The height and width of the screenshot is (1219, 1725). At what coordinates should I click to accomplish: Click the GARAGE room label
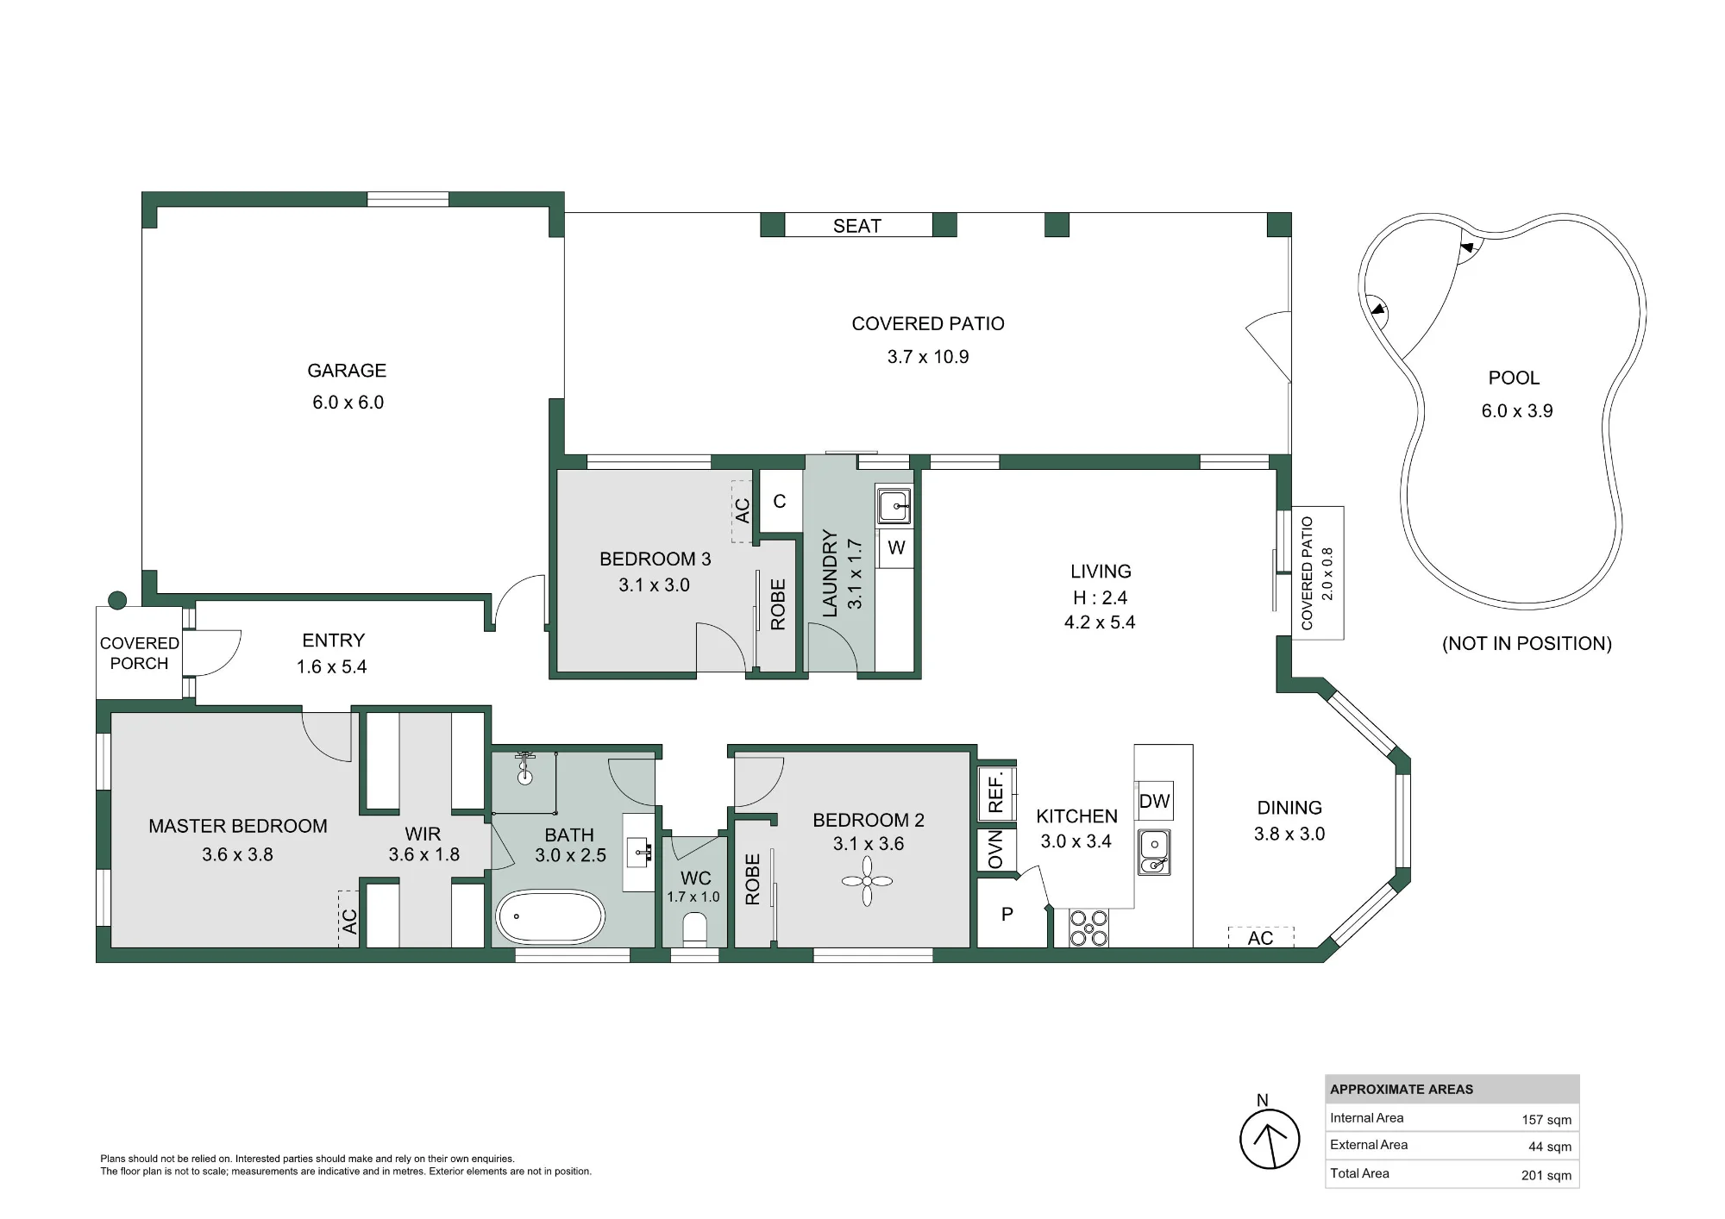tap(347, 371)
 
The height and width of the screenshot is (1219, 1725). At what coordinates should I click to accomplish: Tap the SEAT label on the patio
tap(857, 226)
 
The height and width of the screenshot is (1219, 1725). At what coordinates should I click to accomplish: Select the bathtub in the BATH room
tap(550, 917)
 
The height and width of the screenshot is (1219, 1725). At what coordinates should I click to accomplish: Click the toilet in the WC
tap(694, 929)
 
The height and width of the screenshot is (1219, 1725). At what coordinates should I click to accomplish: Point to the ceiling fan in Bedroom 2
tap(867, 880)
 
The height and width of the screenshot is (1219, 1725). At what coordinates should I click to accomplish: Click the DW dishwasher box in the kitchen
tap(1154, 801)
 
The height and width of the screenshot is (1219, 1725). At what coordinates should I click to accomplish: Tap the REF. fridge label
tap(996, 791)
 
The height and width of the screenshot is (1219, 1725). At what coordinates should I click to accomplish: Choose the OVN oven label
tap(995, 849)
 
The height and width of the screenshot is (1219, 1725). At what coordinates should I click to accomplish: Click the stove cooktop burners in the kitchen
tap(1088, 928)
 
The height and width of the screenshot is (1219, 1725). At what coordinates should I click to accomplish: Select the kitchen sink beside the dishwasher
tap(1153, 852)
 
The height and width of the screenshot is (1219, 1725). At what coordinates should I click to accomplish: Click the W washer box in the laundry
tap(896, 547)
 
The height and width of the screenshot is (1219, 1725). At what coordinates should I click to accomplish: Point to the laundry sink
tap(894, 505)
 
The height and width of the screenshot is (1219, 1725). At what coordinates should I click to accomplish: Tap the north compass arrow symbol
tap(1270, 1139)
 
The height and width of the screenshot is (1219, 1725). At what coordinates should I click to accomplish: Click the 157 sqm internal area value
tap(1546, 1120)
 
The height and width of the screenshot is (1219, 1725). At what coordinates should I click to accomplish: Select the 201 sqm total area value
tap(1546, 1175)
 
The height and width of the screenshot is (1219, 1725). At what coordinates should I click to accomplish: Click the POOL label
tap(1514, 378)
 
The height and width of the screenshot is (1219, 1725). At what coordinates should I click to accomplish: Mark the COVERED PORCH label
tap(139, 653)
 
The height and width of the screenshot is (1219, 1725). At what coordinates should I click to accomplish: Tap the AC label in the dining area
tap(1260, 938)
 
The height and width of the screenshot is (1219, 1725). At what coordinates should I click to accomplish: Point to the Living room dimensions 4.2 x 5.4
tap(1100, 622)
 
